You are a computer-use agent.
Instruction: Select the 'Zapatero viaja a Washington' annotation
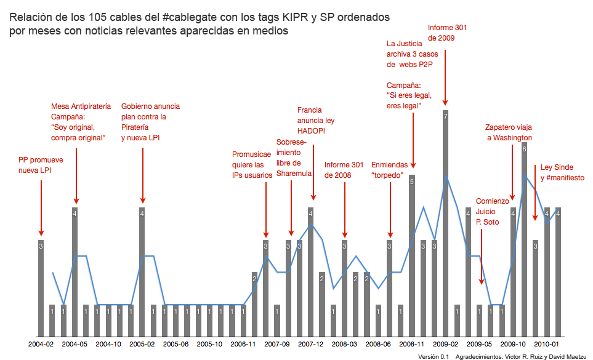tap(509, 133)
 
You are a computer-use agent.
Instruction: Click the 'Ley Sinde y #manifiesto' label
tap(562, 172)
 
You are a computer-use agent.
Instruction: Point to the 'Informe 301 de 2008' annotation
tap(344, 169)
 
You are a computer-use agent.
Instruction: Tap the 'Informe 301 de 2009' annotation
tap(448, 33)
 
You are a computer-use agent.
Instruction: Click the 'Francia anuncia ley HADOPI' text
tap(315, 121)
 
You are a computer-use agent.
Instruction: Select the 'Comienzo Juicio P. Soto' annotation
tap(493, 212)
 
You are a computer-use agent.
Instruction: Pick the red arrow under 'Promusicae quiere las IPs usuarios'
tap(265, 209)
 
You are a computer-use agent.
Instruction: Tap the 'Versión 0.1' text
tap(433, 356)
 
